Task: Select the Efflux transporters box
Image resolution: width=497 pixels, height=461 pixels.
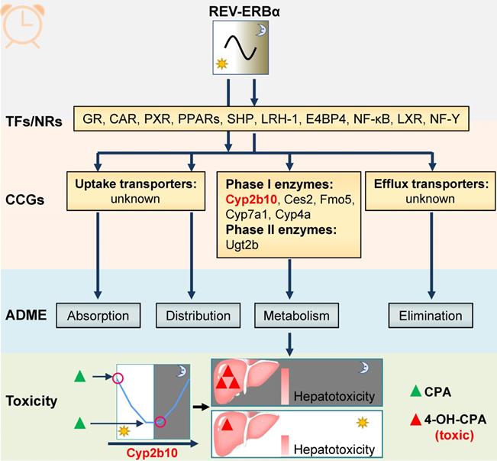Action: click(430, 191)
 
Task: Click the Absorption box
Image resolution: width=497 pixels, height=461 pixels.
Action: click(98, 314)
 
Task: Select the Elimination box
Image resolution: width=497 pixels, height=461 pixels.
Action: click(430, 314)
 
